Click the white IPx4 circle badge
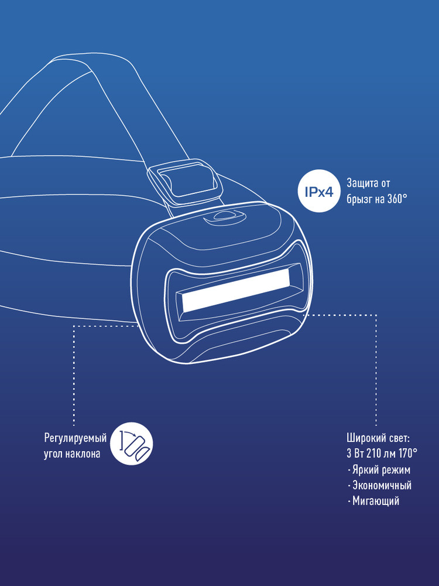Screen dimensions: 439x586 [x=319, y=191]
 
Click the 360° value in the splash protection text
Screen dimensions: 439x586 [x=397, y=199]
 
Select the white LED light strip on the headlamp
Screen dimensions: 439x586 [x=236, y=291]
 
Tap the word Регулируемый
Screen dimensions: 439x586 [x=76, y=438]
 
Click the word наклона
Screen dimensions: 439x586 [x=83, y=454]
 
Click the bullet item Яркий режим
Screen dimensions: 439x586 [x=379, y=469]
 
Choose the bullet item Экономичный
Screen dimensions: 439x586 [x=380, y=485]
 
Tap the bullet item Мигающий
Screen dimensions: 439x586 [x=373, y=501]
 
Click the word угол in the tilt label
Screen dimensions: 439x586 [x=53, y=454]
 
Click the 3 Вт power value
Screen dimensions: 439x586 [x=355, y=454]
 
